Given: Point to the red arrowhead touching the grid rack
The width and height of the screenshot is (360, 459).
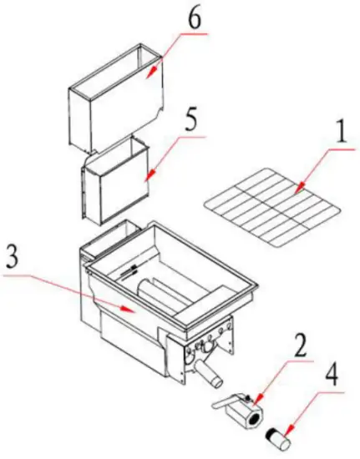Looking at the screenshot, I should click(295, 193).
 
